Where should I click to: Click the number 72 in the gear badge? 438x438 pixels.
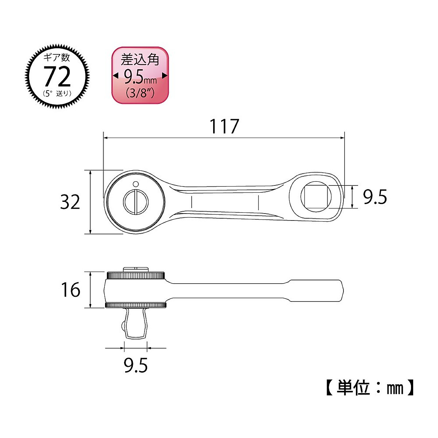[x=57, y=77]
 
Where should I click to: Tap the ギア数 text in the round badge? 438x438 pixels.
[x=57, y=57]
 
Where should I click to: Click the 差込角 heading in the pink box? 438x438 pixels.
[x=140, y=59]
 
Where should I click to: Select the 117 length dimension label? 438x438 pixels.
[x=224, y=126]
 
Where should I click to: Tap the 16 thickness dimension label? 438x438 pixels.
[x=70, y=290]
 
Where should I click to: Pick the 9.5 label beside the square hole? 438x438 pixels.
[x=375, y=197]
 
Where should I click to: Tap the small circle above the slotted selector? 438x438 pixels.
[x=135, y=184]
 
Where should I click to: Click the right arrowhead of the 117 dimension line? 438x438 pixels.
[x=342, y=138]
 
